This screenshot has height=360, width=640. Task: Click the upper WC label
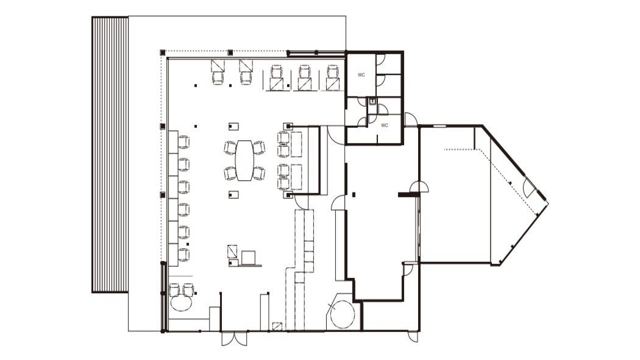pos(361,75)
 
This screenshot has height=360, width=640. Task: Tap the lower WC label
pos(384,125)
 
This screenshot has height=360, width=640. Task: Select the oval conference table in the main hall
pos(244,160)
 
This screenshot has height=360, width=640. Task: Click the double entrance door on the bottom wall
pos(234,339)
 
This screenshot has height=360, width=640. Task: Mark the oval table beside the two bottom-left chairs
pos(181,303)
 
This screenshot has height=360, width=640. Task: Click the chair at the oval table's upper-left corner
pos(230,147)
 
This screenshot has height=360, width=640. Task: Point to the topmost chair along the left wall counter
pos(183,142)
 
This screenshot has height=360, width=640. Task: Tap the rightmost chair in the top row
pos(333,72)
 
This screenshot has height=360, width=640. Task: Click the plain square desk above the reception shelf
pos(248,258)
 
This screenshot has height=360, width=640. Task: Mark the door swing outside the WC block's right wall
pos(410,119)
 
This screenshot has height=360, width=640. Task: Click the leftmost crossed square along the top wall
pos(218,65)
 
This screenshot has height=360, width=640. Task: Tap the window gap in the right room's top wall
pos(439,126)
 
